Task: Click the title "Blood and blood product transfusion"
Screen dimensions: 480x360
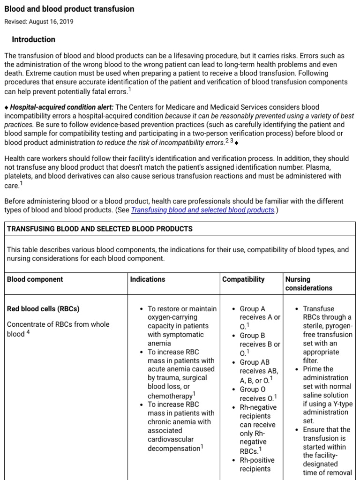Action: pos(69,9)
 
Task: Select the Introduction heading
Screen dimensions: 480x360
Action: pos(34,39)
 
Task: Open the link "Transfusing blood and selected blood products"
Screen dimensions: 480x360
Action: pos(202,210)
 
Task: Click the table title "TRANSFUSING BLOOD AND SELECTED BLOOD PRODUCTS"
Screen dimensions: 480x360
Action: pos(99,229)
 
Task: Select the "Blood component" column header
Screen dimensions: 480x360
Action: pos(35,279)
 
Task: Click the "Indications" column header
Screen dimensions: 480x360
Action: pos(148,279)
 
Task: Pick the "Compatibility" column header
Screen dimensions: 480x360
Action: pos(243,279)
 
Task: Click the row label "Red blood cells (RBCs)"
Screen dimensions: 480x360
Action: pos(43,309)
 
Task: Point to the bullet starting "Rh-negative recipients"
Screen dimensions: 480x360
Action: pos(258,429)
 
